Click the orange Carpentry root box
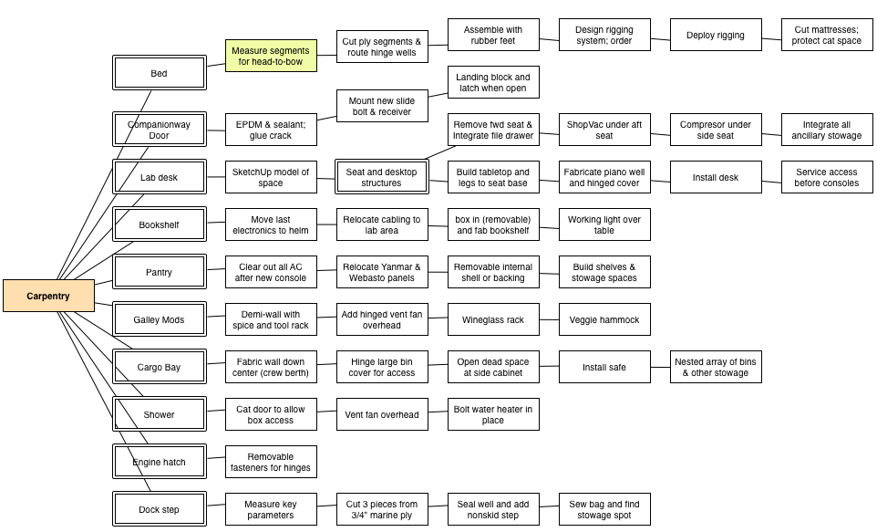coord(48,296)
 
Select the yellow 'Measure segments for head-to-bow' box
coord(271,56)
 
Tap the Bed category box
coord(160,73)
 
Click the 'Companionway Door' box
coord(160,130)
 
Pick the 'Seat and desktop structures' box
coord(381,177)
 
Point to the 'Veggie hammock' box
coord(604,319)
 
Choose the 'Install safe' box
coord(604,368)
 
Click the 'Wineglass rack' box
coord(493,319)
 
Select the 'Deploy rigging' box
coord(716,35)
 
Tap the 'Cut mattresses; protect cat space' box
coord(827,35)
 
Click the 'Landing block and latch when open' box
coord(493,82)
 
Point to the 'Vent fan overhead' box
coord(382,414)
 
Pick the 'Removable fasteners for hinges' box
coord(271,462)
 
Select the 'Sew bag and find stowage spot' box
coord(604,509)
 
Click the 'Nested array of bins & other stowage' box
coord(716,368)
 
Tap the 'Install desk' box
coord(716,177)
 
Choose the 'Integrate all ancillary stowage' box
coord(827,130)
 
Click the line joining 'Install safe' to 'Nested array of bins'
coord(660,368)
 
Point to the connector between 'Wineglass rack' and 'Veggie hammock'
coord(549,319)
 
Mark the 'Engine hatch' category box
coord(160,462)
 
